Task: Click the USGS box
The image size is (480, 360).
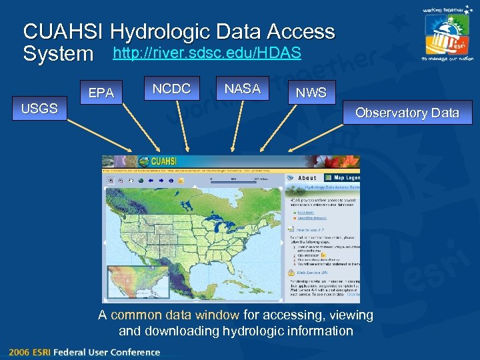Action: pos(39,109)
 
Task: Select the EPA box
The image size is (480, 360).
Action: pos(101,93)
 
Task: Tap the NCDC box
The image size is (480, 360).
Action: pos(171,89)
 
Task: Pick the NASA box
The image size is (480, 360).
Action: pos(242,89)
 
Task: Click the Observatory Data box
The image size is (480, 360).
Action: pos(407,113)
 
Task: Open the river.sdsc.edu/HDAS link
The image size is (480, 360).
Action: pos(207,52)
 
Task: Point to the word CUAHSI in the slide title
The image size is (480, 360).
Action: pos(64,31)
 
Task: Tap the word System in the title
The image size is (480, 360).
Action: pos(58,53)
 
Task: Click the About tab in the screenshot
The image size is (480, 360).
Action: pos(307,178)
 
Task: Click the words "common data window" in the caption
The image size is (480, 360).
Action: pos(175,315)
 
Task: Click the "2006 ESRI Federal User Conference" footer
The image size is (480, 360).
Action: pos(84,352)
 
